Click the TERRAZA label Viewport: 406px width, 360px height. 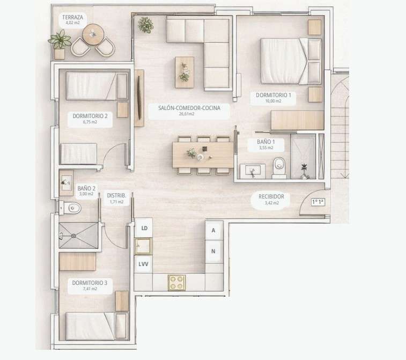click(x=72, y=17)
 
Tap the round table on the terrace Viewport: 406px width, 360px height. click(x=93, y=34)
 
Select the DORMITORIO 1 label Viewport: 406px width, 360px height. click(x=274, y=95)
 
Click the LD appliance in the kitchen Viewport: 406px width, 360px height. click(x=144, y=228)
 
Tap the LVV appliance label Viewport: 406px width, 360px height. click(x=143, y=264)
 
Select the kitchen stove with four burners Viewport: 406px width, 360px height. click(x=177, y=283)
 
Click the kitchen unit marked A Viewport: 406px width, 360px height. click(x=214, y=230)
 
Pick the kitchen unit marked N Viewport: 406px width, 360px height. click(x=214, y=251)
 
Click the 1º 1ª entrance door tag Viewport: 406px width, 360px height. click(x=318, y=202)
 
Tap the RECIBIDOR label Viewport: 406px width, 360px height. click(x=271, y=196)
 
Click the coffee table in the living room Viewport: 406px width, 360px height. click(x=184, y=72)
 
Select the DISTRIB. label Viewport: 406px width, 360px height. click(x=116, y=195)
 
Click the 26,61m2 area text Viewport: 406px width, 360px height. click(x=187, y=114)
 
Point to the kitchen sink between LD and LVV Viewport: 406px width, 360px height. click(x=143, y=246)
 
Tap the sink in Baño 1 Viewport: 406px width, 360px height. click(x=253, y=171)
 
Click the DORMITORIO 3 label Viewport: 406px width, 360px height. click(x=90, y=283)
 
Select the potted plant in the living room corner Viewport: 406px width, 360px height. click(x=145, y=25)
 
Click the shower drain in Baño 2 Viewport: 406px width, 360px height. click(x=74, y=236)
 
